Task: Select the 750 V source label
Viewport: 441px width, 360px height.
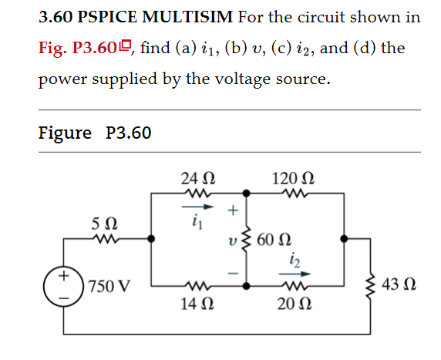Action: pyautogui.click(x=108, y=288)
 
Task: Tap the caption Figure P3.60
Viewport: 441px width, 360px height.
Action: pyautogui.click(x=94, y=133)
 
